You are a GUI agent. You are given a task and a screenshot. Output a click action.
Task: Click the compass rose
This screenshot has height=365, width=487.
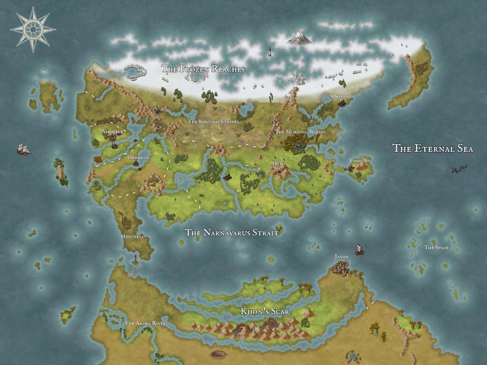point(33,29)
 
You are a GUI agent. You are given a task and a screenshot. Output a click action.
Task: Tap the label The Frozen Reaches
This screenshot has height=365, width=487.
point(203,69)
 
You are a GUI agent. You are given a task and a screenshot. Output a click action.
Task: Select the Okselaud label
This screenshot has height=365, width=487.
point(342,96)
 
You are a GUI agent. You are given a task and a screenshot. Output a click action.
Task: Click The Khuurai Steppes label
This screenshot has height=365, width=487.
point(213,122)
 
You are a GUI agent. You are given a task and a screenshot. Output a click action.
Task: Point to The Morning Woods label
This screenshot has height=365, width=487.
point(300,132)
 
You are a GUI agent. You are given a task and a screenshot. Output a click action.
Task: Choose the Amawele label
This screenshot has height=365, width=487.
point(112,132)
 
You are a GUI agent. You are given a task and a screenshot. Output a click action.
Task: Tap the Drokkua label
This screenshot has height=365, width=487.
point(138,157)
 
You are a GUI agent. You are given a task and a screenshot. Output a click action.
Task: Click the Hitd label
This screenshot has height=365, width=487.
point(278,164)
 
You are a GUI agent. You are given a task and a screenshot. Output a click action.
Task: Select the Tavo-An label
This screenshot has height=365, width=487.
point(360,161)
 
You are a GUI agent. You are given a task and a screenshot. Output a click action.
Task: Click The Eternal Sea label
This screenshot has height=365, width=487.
point(433,148)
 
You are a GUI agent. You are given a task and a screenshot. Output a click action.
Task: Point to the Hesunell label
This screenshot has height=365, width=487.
point(132,237)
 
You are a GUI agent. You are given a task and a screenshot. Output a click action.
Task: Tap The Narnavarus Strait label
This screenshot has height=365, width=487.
point(231,233)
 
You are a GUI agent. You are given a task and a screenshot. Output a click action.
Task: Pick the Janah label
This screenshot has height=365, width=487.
point(341,257)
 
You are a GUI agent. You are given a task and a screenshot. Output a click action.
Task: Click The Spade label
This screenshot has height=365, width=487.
point(436,247)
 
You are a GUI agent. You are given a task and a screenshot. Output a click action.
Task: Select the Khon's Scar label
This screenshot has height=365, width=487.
point(265,311)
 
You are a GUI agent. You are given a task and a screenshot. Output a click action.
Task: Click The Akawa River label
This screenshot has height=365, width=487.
point(145,323)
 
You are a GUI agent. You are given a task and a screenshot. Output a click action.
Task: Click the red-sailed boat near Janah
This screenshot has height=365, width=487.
point(359,250)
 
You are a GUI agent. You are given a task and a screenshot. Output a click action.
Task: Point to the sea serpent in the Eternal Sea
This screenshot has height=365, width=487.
point(459,169)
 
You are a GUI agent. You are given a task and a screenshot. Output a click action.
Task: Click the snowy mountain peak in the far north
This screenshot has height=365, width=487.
point(299,37)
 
